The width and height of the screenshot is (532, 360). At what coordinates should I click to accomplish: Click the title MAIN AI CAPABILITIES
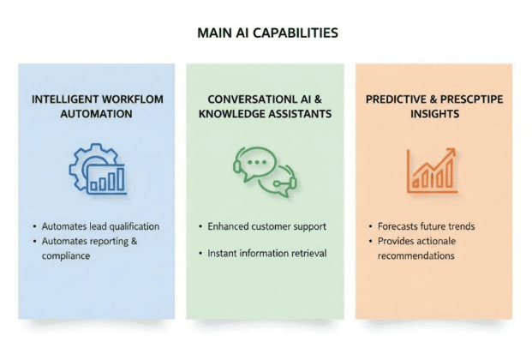point(266,33)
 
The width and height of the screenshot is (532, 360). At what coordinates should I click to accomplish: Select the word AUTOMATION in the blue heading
point(95,114)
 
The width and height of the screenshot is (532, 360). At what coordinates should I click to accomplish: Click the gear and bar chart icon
point(97,169)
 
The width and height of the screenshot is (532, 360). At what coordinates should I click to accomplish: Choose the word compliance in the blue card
point(66,255)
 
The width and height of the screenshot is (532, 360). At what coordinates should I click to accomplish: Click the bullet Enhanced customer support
point(266,226)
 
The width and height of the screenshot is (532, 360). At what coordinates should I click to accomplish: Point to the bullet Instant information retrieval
point(266,254)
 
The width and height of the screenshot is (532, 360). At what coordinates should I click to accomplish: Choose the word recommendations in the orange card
point(416,255)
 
